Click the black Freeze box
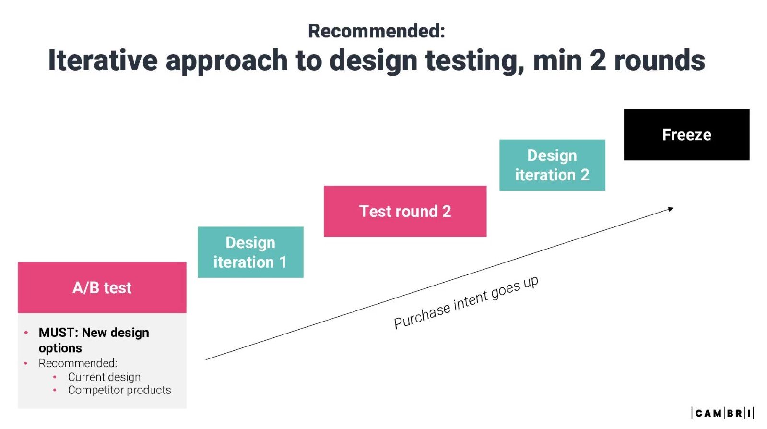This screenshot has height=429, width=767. coord(686,135)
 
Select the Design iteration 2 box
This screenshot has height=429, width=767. coord(552,165)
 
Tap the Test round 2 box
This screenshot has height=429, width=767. coord(405,211)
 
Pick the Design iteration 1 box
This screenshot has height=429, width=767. coord(250,252)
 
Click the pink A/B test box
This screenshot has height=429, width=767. coord(102,287)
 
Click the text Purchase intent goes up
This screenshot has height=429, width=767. coord(466,302)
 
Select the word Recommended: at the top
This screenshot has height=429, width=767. coord(377,31)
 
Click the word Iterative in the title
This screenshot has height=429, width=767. coord(102,60)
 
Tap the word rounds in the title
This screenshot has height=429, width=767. coord(660,60)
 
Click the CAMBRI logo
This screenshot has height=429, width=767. coord(722,413)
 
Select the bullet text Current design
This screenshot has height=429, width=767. coord(104,377)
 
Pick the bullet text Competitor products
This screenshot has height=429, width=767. coord(119,390)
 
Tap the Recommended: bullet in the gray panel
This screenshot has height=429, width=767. coord(78,363)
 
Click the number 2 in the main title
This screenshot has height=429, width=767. coord(598,60)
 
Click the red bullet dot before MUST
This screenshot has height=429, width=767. coord(26,333)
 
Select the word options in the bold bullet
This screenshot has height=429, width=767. coord(60,348)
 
